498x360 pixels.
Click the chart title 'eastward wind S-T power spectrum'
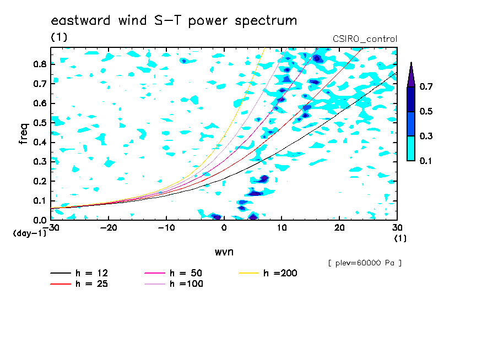pos(174,20)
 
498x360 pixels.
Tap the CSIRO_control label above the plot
pos(365,39)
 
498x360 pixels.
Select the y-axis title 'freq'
pos(24,134)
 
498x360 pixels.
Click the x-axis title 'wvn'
pos(224,252)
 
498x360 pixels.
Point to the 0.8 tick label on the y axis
pos(40,64)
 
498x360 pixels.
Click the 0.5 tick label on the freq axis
pos(40,123)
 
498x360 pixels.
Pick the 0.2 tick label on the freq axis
pos(40,181)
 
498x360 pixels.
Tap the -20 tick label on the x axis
pos(109,228)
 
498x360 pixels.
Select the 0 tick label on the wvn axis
pos(224,228)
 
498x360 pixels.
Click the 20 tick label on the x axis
pos(339,228)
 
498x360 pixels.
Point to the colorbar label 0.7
pos(426,86)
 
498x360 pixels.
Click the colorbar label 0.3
pos(426,136)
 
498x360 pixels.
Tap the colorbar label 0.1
pos(426,161)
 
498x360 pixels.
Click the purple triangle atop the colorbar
pos(411,76)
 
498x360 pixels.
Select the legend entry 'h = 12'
pos(79,273)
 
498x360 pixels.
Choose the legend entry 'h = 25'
pos(79,283)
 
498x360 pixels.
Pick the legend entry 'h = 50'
pos(174,273)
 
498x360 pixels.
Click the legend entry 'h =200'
pos(268,273)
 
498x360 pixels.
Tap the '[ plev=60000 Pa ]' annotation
pos(365,263)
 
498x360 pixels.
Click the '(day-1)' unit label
pos(30,233)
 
